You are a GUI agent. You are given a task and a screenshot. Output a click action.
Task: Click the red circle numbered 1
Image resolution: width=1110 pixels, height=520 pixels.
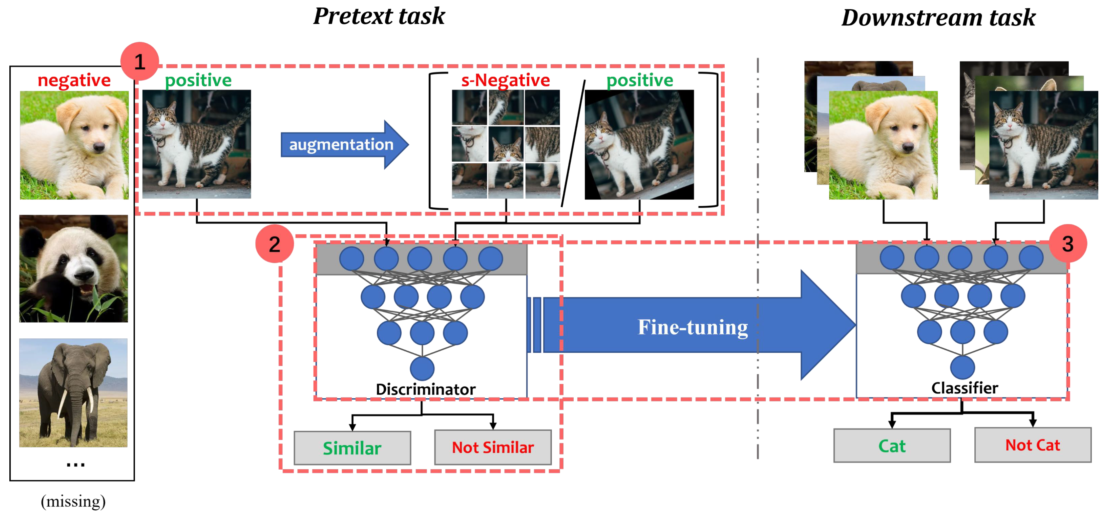pos(140,61)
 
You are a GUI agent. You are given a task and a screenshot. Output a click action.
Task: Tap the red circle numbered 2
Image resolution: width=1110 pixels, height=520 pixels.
pos(274,244)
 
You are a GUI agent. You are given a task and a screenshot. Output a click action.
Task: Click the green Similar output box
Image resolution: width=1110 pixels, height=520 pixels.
pos(352,448)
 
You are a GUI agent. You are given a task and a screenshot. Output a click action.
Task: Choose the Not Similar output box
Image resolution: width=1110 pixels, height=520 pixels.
pos(493,447)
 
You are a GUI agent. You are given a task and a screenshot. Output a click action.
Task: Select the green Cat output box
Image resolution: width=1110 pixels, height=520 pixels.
pos(892,446)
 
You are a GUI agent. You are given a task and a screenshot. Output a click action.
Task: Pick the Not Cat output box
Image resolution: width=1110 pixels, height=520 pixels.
pos(1033,445)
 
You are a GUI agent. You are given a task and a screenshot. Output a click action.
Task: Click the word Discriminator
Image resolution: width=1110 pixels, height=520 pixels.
pos(425,389)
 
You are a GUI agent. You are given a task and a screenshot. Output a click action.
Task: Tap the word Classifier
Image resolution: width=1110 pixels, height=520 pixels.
pos(964,388)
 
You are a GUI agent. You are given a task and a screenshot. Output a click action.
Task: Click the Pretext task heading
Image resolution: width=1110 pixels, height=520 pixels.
pos(379,16)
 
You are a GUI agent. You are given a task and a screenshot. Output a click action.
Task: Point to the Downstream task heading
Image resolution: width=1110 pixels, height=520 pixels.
pos(938,18)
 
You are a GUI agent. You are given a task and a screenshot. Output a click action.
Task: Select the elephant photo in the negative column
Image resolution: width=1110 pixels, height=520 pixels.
pos(73,392)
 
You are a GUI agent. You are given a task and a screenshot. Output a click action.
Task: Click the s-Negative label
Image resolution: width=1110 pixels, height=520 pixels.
pos(506,80)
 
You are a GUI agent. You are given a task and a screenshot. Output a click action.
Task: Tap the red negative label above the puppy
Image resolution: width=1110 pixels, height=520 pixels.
pos(74,80)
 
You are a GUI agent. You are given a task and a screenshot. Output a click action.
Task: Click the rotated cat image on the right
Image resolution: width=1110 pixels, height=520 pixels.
pos(639,144)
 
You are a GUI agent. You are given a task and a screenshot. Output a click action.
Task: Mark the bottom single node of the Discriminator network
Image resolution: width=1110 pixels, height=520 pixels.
pos(422,368)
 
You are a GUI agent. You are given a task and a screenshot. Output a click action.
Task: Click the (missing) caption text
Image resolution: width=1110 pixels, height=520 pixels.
pos(73,501)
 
